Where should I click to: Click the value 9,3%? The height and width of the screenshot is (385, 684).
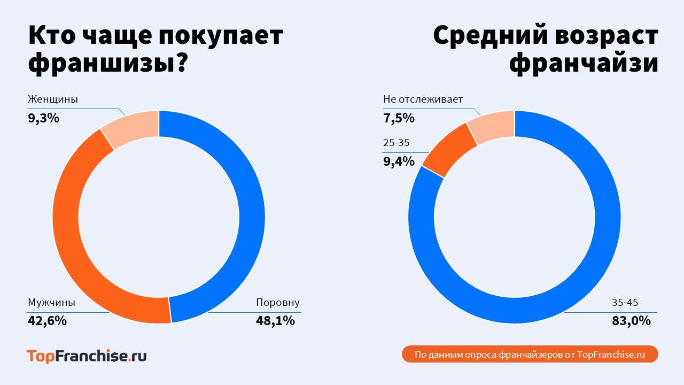43,118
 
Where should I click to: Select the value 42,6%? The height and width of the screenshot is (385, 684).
47,321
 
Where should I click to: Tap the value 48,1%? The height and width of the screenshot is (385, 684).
275,321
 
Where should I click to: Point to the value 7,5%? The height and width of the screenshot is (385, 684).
399,118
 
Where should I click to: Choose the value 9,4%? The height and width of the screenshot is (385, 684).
399,161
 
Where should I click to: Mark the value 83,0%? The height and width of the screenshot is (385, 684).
631,321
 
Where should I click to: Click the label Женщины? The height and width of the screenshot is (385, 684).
52,99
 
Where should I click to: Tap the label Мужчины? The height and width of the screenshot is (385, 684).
51,303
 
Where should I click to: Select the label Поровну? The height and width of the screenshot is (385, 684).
278,303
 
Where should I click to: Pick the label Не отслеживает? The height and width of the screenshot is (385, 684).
423,99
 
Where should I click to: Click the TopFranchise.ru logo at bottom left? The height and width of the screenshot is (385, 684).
87,356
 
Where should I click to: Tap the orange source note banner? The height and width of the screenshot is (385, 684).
530,355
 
